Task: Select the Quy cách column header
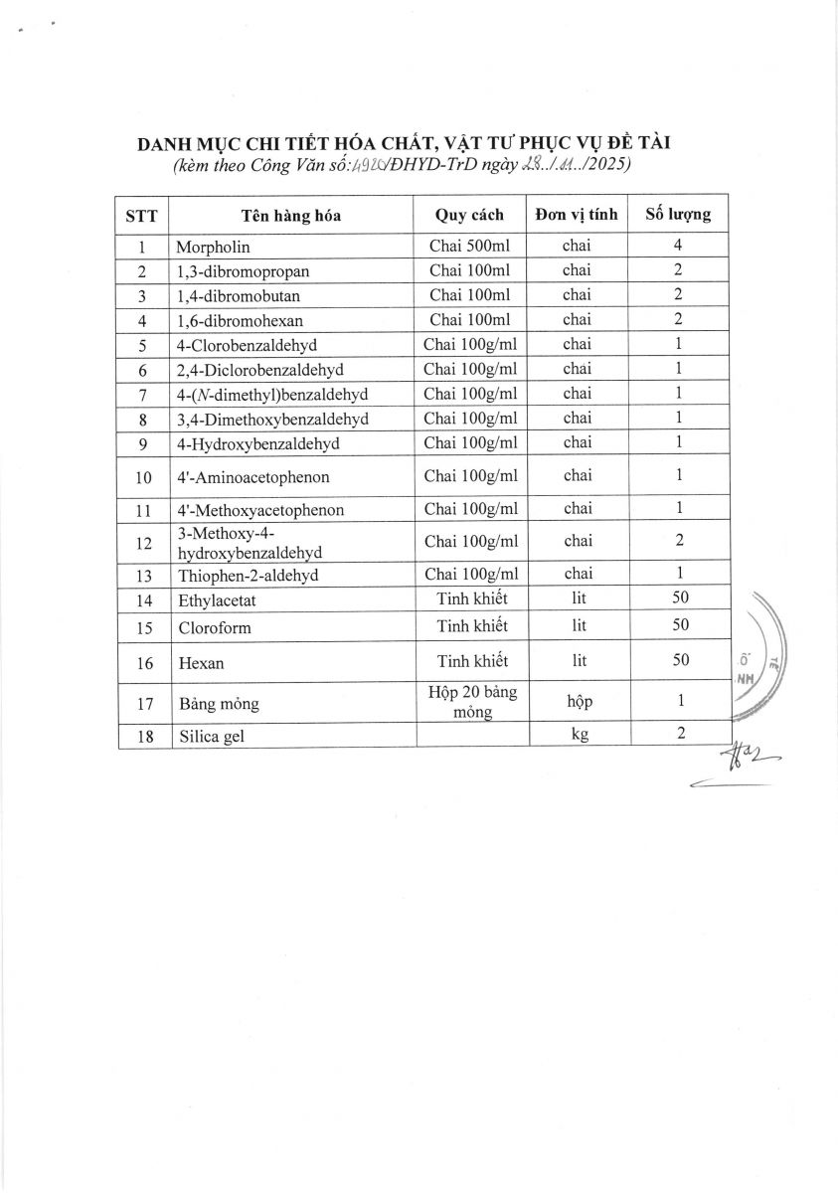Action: pyautogui.click(x=469, y=215)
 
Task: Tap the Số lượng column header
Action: pyautogui.click(x=678, y=214)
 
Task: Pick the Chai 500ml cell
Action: pyautogui.click(x=469, y=247)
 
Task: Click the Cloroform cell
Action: pyautogui.click(x=215, y=628)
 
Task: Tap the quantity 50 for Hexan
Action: pyautogui.click(x=680, y=661)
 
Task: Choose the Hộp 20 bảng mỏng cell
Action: pyautogui.click(x=470, y=702)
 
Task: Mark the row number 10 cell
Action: pyautogui.click(x=143, y=477)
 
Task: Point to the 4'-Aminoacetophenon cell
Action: pyautogui.click(x=253, y=477)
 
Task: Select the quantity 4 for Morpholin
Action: pyautogui.click(x=678, y=246)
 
